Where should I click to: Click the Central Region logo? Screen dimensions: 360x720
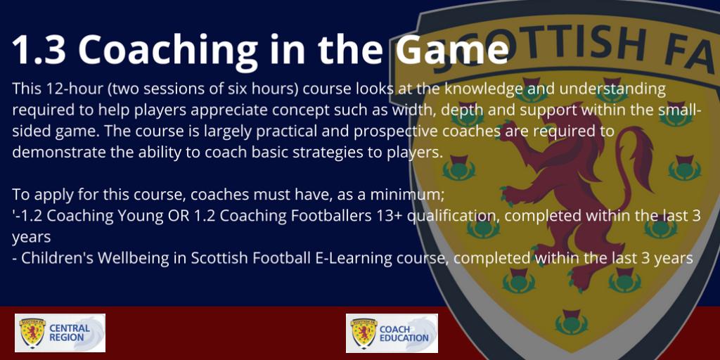click(60, 333)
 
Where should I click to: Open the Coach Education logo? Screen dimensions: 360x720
click(392, 333)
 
